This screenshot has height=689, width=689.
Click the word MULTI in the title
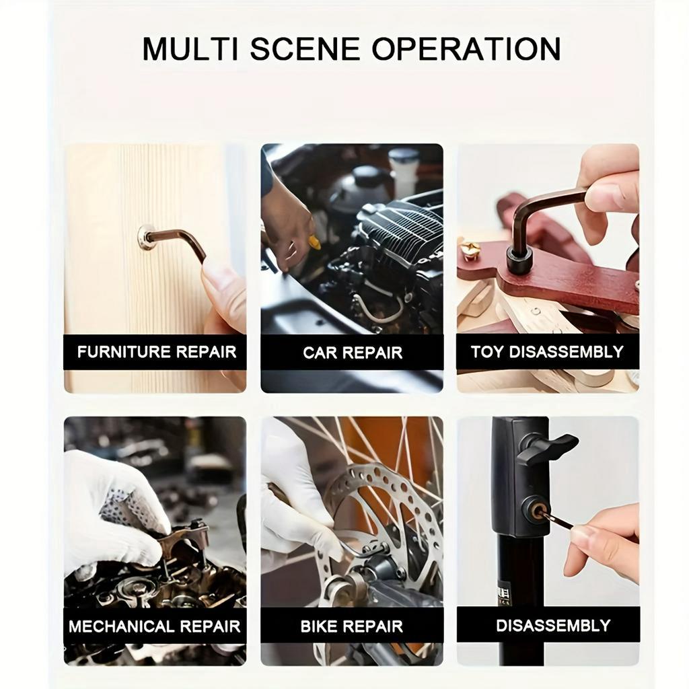click(x=190, y=48)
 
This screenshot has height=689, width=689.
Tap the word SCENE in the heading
click(x=305, y=48)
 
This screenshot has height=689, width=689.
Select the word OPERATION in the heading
click(x=466, y=48)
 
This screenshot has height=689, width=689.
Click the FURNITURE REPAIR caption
click(x=157, y=352)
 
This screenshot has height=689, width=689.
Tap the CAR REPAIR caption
click(x=353, y=353)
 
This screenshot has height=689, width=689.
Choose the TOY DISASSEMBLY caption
click(x=547, y=351)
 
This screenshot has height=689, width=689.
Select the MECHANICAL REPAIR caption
click(x=155, y=626)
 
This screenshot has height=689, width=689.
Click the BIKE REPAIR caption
click(x=351, y=626)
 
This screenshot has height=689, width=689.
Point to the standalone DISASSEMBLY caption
click(x=553, y=625)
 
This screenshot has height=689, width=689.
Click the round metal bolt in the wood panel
click(x=145, y=236)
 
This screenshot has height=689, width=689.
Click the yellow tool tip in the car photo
click(x=315, y=242)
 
